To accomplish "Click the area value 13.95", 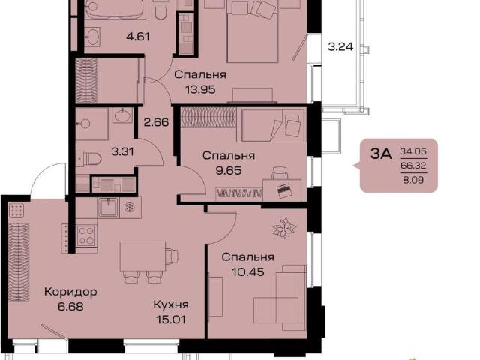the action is [x=200, y=90].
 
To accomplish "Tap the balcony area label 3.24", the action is [x=340, y=46].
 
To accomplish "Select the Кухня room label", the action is [x=171, y=304].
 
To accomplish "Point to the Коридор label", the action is [x=70, y=292].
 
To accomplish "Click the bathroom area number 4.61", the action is [x=138, y=37].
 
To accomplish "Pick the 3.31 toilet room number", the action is [x=123, y=151].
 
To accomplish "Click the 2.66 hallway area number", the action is [x=157, y=122].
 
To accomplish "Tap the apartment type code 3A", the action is [x=381, y=154].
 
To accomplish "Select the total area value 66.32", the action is [x=413, y=166].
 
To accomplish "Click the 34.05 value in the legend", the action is [x=413, y=151].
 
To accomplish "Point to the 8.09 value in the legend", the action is [x=413, y=180].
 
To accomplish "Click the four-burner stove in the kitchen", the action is [x=86, y=235].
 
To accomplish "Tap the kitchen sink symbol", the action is [x=108, y=207].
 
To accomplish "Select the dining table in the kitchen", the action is [x=142, y=256].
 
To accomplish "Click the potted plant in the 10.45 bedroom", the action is [x=285, y=228].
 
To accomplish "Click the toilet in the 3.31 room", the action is [x=91, y=159].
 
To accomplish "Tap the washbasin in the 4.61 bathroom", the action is [x=91, y=37].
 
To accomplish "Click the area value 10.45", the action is [x=248, y=271].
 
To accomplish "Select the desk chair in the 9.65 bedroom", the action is [x=280, y=173].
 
